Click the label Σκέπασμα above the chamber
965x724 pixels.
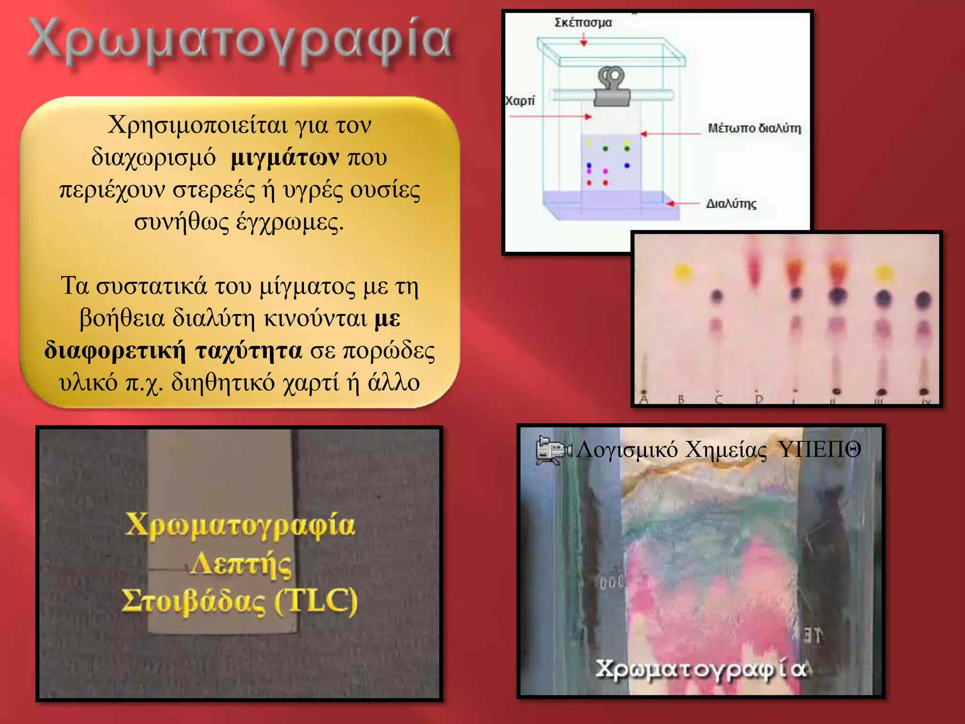(x=583, y=23)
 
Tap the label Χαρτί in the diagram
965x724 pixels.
(x=520, y=101)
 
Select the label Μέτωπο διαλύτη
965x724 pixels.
(x=754, y=128)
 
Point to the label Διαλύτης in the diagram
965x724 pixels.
(x=731, y=204)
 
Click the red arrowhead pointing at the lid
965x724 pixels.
(x=584, y=43)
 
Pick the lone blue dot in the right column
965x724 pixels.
(x=627, y=165)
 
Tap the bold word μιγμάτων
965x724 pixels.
(x=285, y=157)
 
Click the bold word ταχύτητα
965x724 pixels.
(x=248, y=351)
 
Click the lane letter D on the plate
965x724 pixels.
(x=758, y=399)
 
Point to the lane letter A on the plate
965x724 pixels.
(x=644, y=399)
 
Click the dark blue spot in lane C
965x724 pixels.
(x=717, y=296)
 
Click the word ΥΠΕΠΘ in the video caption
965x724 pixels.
(x=819, y=450)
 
